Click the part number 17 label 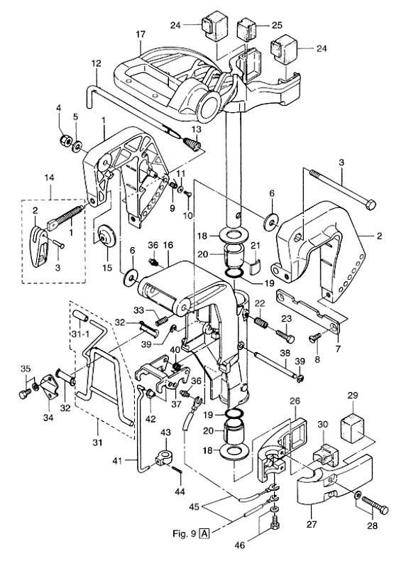(x=141, y=34)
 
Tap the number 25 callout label (x=277, y=25)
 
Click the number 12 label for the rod (x=97, y=63)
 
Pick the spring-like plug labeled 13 (x=192, y=144)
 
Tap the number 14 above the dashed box (x=50, y=178)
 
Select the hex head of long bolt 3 (x=371, y=205)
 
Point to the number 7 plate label (x=338, y=348)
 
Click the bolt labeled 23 (x=285, y=336)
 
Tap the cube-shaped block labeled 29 (x=352, y=428)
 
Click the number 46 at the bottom (x=240, y=545)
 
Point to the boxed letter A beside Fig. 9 (x=204, y=534)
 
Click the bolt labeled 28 (x=375, y=504)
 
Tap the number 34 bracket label (x=48, y=417)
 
